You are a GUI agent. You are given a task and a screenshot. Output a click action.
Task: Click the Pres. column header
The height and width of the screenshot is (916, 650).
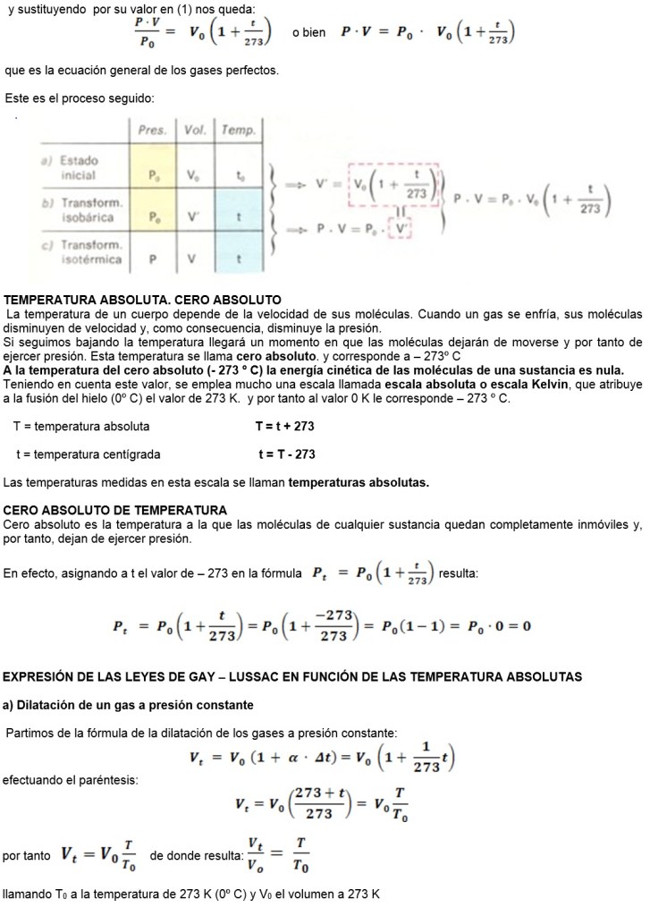pyautogui.click(x=154, y=131)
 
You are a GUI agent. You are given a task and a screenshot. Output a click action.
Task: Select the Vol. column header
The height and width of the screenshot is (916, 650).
pyautogui.click(x=195, y=131)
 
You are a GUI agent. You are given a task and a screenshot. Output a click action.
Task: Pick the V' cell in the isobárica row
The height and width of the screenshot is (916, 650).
pyautogui.click(x=195, y=217)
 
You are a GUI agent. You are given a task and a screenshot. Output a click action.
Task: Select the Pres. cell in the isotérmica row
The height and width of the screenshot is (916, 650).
pyautogui.click(x=154, y=259)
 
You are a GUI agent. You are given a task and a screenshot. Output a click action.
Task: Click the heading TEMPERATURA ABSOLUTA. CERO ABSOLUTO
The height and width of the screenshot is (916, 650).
pyautogui.click(x=143, y=299)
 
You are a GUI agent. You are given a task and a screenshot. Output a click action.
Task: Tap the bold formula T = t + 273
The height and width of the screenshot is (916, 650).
pyautogui.click(x=284, y=427)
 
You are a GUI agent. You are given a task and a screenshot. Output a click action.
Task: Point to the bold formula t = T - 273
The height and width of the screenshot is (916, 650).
pyautogui.click(x=286, y=454)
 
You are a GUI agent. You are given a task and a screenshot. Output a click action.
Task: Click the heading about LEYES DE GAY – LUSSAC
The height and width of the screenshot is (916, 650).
pyautogui.click(x=292, y=676)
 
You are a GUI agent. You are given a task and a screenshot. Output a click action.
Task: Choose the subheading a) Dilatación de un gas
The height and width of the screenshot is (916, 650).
pyautogui.click(x=129, y=705)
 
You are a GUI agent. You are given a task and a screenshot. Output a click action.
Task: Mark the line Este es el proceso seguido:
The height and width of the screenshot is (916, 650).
pyautogui.click(x=80, y=98)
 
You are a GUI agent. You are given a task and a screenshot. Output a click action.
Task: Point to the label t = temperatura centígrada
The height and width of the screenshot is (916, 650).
pyautogui.click(x=89, y=454)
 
